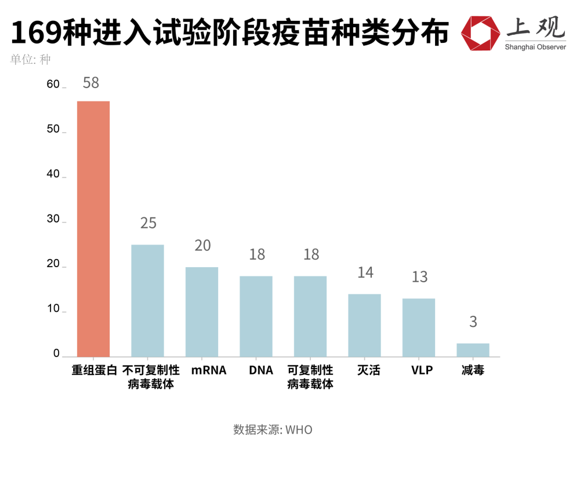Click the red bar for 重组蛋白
click(93, 229)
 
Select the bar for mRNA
click(202, 312)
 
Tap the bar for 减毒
click(473, 350)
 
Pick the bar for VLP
click(419, 327)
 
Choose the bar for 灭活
click(364, 325)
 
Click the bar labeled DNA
click(256, 316)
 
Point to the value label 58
click(91, 83)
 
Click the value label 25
click(148, 223)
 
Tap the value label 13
click(419, 277)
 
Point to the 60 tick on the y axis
click(53, 85)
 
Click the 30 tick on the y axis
click(53, 219)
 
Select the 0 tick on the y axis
click(56, 354)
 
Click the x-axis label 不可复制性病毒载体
click(151, 377)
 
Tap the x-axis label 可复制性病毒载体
click(310, 377)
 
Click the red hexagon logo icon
click(480, 32)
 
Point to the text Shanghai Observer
click(535, 46)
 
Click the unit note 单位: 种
click(30, 60)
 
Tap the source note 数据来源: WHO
click(273, 430)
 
